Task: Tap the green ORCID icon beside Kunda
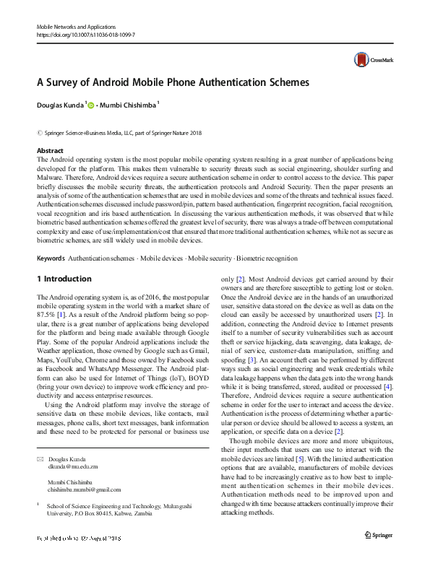[x=92, y=105]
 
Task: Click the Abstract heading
[x=50, y=150]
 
